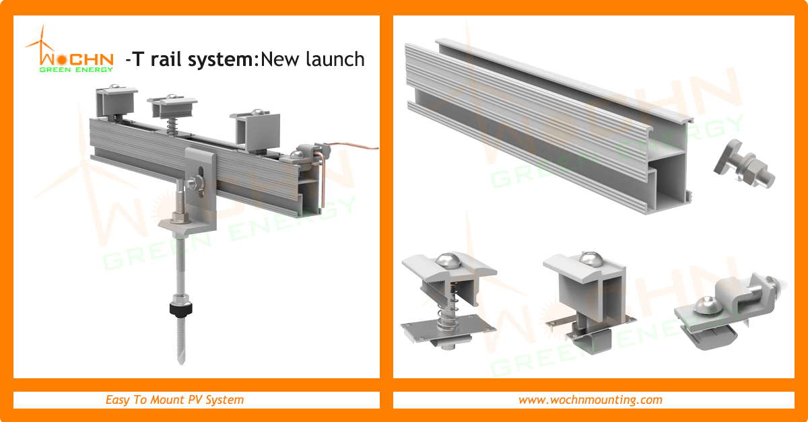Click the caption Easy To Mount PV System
pos(174,400)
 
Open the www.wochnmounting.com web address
pos(590,400)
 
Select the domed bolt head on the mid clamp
pos(449,259)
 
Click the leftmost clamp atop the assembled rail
pos(116,101)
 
